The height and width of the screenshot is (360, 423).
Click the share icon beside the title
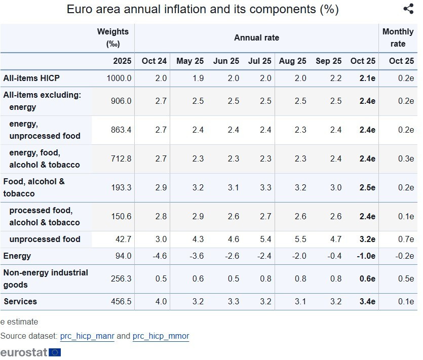point(408,9)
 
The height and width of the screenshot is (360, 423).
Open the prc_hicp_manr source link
point(87,336)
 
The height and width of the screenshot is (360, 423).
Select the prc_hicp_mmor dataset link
point(161,336)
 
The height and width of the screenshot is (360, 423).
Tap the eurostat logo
point(30,352)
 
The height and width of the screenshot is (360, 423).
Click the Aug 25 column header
point(292,61)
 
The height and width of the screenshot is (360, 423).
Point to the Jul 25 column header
point(259,61)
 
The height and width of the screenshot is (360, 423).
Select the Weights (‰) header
point(113,38)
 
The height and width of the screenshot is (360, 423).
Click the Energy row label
point(17,256)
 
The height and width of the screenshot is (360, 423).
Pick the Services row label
point(20,301)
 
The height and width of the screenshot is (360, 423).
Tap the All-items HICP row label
point(31,78)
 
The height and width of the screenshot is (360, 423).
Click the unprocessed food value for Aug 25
point(300,239)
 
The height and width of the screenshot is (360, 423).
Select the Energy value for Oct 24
point(160,256)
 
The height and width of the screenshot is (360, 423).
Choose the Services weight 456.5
point(121,301)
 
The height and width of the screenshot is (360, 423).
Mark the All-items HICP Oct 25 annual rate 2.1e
point(367,78)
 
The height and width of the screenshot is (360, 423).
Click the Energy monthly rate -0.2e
point(404,256)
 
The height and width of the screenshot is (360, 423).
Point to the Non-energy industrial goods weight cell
point(121,278)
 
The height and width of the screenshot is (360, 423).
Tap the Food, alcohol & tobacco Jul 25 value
point(265,187)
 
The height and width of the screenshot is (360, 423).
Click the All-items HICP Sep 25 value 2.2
point(335,78)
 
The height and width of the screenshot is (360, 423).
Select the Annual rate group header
point(256,38)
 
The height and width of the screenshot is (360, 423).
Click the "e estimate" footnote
point(19,322)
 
